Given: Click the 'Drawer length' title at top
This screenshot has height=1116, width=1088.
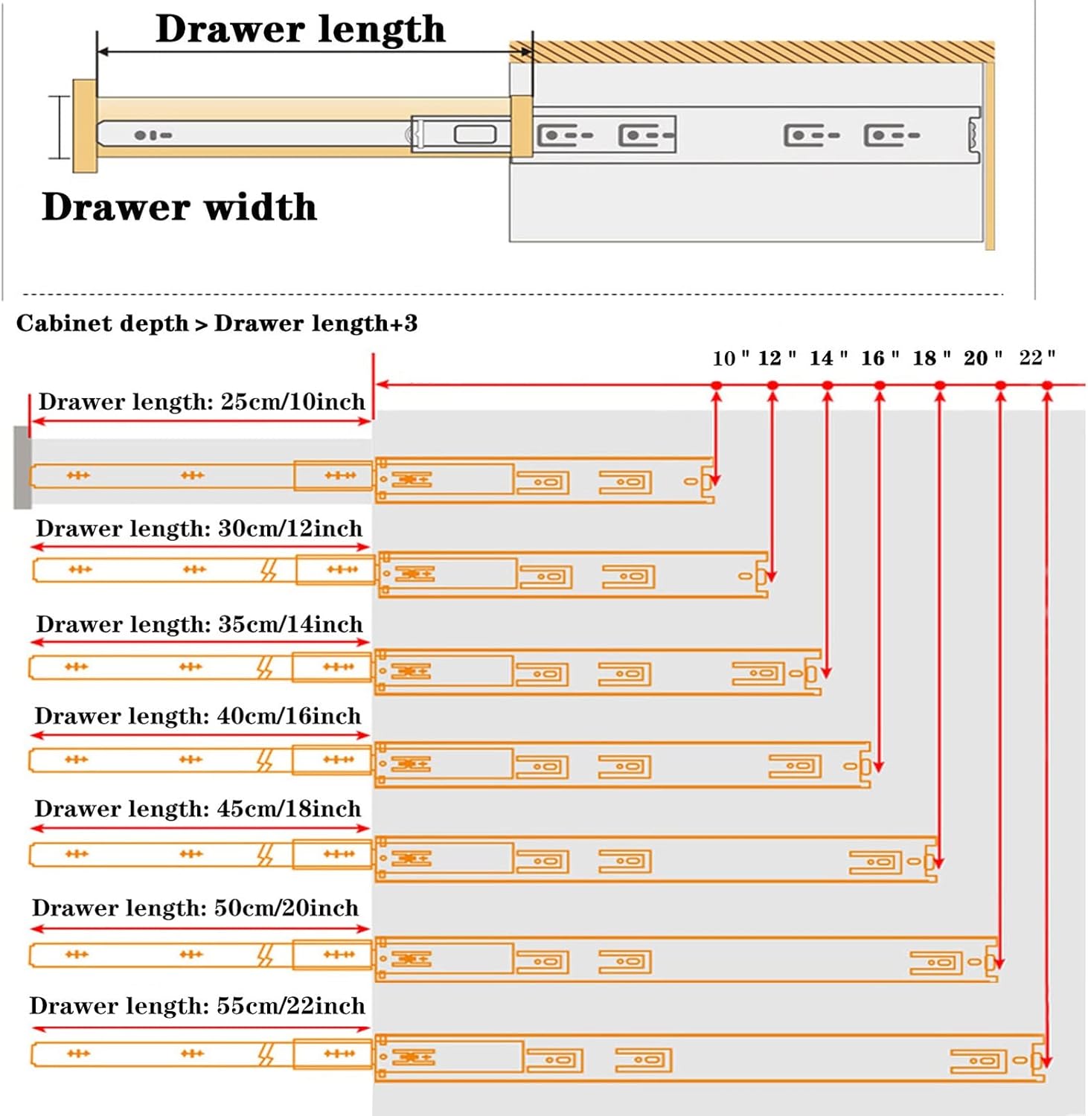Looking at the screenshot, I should coord(300,30).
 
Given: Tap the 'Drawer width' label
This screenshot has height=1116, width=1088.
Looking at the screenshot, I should coord(179,207).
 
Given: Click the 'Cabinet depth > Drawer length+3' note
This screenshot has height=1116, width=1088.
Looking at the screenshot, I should coord(217,324).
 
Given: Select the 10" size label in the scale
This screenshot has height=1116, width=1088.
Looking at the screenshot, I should coord(730,359).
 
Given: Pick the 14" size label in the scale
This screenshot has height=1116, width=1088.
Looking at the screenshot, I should coord(828,359).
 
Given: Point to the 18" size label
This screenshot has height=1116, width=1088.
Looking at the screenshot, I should coord(931,359).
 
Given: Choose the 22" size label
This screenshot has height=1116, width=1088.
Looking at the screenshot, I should coord(1037,358).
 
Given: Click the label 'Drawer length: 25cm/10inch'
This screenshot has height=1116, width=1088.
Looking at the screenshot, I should coord(202,402).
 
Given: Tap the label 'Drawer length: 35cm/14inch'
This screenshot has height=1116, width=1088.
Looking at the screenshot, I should coord(199,624).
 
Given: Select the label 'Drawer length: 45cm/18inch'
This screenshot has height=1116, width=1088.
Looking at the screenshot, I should coord(198,809).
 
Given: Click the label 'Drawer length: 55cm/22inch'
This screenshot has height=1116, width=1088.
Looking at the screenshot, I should coord(197,1006).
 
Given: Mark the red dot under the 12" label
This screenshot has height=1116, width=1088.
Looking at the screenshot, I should coord(772,385).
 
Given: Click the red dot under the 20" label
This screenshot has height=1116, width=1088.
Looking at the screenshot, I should coord(1000,385).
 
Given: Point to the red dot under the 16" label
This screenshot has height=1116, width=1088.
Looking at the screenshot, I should coord(880,385).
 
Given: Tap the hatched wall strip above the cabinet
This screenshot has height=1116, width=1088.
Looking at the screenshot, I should coord(752,52).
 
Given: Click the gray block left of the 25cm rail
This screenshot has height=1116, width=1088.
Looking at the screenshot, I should coord(22,467).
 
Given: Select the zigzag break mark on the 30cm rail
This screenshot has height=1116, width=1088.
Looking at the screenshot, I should coord(269,571).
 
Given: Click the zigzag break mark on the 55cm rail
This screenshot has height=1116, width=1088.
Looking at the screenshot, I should coord(266,1054).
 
